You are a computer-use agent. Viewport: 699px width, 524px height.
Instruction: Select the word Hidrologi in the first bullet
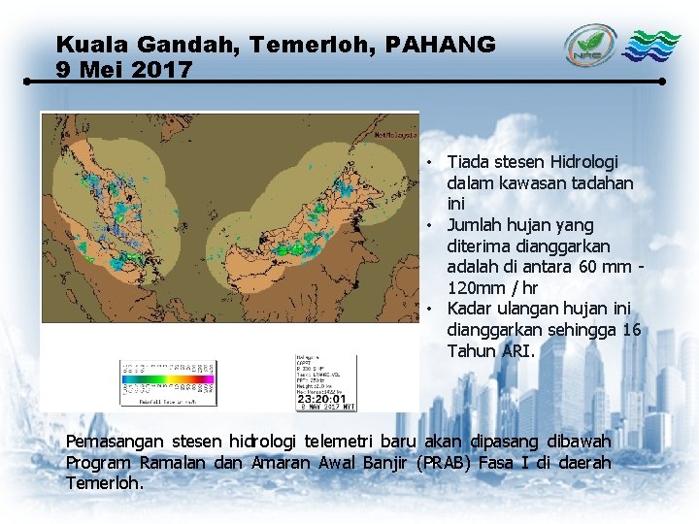(583, 161)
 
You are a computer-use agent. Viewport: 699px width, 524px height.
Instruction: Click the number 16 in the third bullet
(631, 330)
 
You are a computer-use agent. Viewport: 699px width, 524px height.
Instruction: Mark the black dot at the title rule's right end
(662, 82)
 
